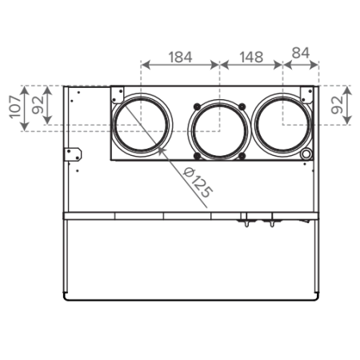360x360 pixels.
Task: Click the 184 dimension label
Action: (x=180, y=57)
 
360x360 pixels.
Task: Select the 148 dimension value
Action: (x=251, y=57)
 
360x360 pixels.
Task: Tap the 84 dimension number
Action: (x=301, y=53)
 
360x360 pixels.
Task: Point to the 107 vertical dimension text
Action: (x=15, y=107)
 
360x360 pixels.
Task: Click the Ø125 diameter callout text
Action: (x=198, y=182)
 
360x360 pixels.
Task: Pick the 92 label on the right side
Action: (x=337, y=105)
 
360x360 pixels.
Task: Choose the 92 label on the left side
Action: (x=38, y=105)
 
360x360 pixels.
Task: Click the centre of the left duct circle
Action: (x=142, y=125)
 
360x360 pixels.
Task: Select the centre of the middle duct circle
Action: (x=219, y=131)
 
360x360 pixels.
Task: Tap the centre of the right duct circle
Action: (x=282, y=125)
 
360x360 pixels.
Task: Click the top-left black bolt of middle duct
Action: (x=197, y=106)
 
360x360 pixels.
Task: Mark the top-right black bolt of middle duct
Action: (x=242, y=106)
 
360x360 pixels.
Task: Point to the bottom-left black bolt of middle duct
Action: (x=197, y=156)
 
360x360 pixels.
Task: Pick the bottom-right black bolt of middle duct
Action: (x=242, y=156)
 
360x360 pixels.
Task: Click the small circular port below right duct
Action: (x=306, y=154)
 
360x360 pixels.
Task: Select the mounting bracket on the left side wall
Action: (x=74, y=154)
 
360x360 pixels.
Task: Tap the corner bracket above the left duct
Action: (x=118, y=94)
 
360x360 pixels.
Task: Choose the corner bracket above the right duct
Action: (x=307, y=94)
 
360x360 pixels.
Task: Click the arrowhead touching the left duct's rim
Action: (x=161, y=150)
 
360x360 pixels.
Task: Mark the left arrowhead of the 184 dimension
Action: (x=146, y=65)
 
